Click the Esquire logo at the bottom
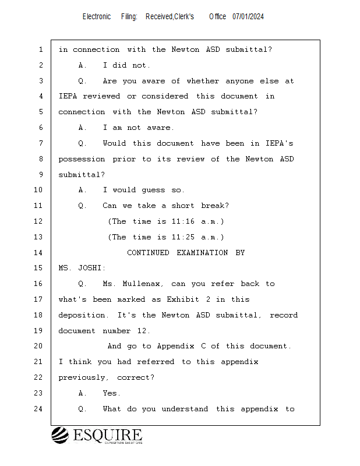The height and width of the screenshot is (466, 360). click(97, 436)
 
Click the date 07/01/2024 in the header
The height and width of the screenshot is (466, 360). click(248, 17)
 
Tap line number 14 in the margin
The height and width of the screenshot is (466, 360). click(38, 253)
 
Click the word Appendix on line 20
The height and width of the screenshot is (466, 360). click(177, 346)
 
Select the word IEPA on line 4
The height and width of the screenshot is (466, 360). click(68, 96)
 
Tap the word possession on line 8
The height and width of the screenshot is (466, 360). click(82, 159)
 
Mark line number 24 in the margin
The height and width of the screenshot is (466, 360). click(38, 409)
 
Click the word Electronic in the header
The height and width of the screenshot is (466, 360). click(97, 17)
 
